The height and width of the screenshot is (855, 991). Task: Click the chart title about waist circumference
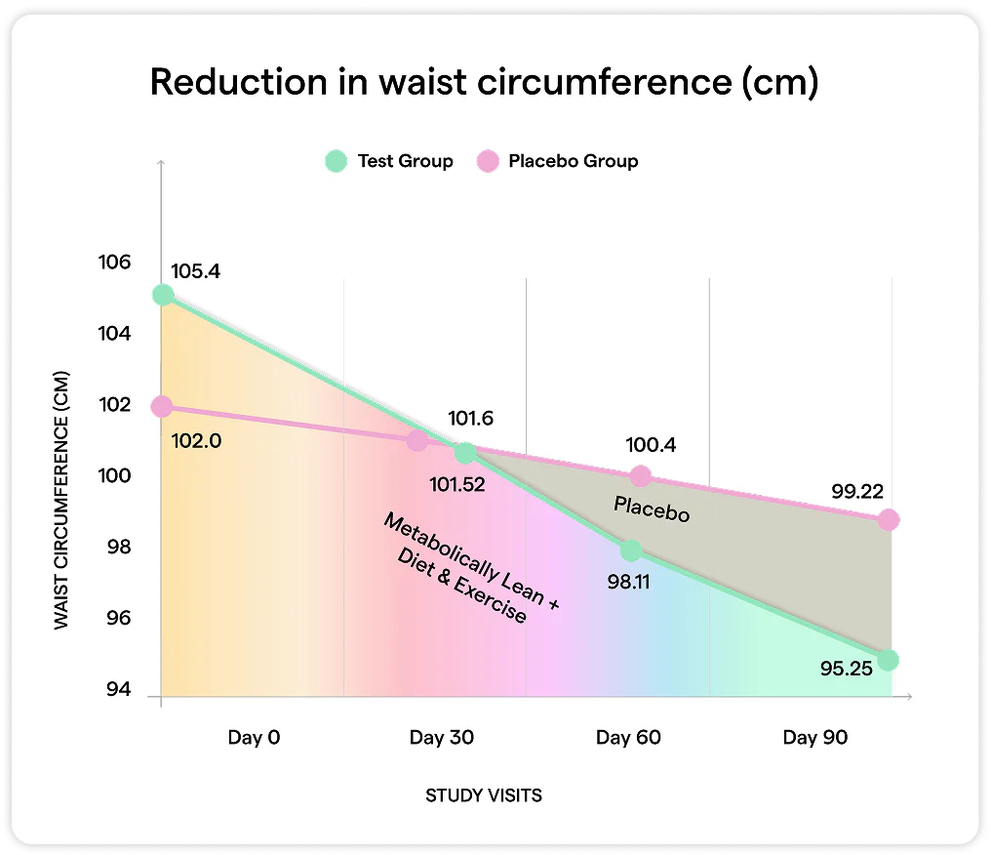(x=484, y=83)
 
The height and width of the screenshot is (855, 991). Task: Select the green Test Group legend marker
(x=337, y=161)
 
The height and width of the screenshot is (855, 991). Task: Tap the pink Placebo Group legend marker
(x=488, y=161)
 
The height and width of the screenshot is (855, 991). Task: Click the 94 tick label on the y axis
(x=119, y=691)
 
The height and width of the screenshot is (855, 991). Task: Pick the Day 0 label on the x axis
(x=254, y=737)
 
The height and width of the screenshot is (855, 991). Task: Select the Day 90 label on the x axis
(x=814, y=737)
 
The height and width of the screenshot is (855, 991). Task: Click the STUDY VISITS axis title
(x=484, y=795)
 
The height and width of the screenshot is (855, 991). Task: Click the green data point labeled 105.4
(x=163, y=295)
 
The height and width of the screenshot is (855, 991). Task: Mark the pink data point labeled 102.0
(x=162, y=406)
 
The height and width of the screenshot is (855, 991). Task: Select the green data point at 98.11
(x=631, y=550)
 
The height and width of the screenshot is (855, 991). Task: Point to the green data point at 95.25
(x=888, y=660)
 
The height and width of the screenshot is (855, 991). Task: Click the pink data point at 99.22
(x=888, y=520)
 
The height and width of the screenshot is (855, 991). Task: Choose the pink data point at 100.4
(x=640, y=476)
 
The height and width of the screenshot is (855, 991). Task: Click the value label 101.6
(x=470, y=419)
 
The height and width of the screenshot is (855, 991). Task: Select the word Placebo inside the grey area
(x=651, y=509)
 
